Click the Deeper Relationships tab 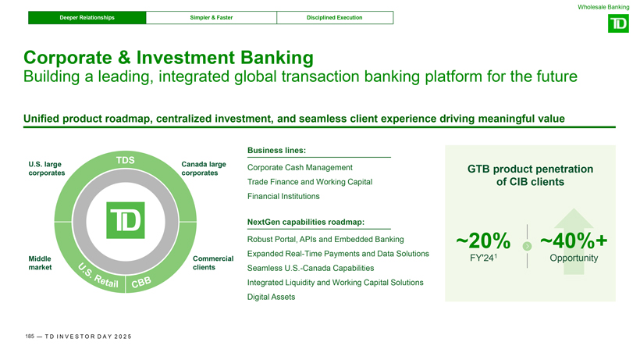pyautogui.click(x=87, y=17)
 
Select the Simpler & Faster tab pyautogui.click(x=212, y=17)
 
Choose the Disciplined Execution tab pyautogui.click(x=335, y=17)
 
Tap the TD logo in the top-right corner pyautogui.click(x=618, y=23)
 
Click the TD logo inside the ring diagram pyautogui.click(x=126, y=220)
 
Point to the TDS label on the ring pyautogui.click(x=126, y=160)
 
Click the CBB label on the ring pyautogui.click(x=141, y=282)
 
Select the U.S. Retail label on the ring pyautogui.click(x=98, y=276)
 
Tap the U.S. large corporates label pyautogui.click(x=47, y=169)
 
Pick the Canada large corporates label pyautogui.click(x=204, y=169)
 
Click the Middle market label pyautogui.click(x=40, y=263)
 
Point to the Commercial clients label pyautogui.click(x=213, y=263)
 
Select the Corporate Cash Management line pyautogui.click(x=300, y=167)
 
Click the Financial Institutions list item pyautogui.click(x=283, y=196)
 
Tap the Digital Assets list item pyautogui.click(x=271, y=297)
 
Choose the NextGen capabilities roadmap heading pyautogui.click(x=306, y=222)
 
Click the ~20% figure pyautogui.click(x=483, y=241)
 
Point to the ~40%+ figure pyautogui.click(x=574, y=241)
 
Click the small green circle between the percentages pyautogui.click(x=528, y=246)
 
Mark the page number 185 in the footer pyautogui.click(x=30, y=337)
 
